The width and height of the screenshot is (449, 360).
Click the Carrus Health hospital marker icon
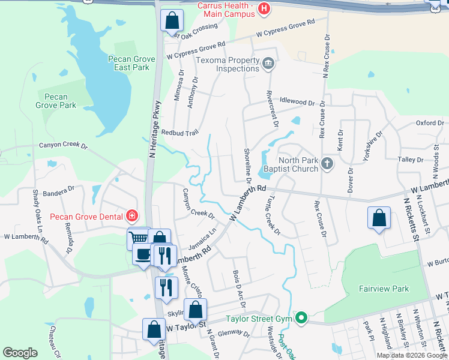264,8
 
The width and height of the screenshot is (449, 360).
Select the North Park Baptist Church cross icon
327,164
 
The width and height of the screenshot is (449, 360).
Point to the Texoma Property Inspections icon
268,61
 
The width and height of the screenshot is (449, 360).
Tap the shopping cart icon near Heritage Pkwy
139,239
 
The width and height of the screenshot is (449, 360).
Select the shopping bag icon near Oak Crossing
172,20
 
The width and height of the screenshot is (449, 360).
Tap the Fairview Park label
384,289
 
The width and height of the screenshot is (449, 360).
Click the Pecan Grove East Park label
128,63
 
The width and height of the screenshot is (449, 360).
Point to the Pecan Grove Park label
56,101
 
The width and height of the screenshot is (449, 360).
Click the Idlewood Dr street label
297,103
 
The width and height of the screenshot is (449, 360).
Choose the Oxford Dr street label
429,123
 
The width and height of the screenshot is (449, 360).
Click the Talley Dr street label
411,160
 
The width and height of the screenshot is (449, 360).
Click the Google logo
20,353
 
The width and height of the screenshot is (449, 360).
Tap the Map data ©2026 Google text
411,355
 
